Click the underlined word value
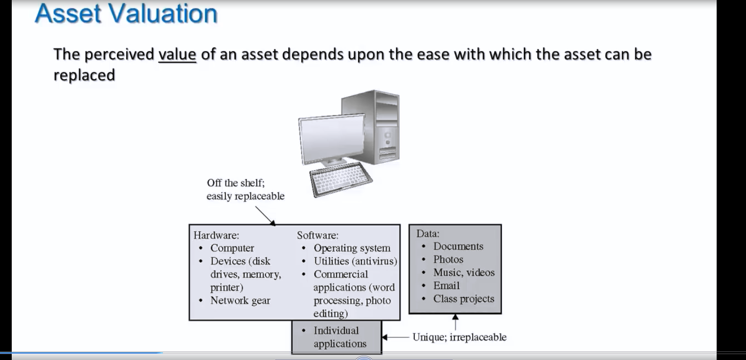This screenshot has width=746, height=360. (177, 54)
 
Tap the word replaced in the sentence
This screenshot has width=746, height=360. (84, 75)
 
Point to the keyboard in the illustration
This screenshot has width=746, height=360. (340, 179)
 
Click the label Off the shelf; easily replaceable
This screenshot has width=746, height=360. (246, 189)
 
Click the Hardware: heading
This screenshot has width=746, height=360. (216, 235)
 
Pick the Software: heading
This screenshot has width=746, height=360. (317, 235)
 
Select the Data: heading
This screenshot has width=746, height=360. (428, 233)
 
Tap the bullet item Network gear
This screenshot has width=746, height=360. (240, 300)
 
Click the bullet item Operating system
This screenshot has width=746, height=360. (352, 248)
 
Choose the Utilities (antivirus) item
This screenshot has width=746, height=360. (355, 261)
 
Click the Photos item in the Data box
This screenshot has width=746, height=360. (448, 259)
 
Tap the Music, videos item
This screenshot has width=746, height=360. (464, 272)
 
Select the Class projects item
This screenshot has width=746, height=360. (464, 299)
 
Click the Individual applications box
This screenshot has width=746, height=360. (337, 337)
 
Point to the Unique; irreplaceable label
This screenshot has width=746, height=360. (459, 337)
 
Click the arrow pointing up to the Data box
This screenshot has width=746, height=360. (455, 322)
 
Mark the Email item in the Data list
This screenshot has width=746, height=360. (446, 286)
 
